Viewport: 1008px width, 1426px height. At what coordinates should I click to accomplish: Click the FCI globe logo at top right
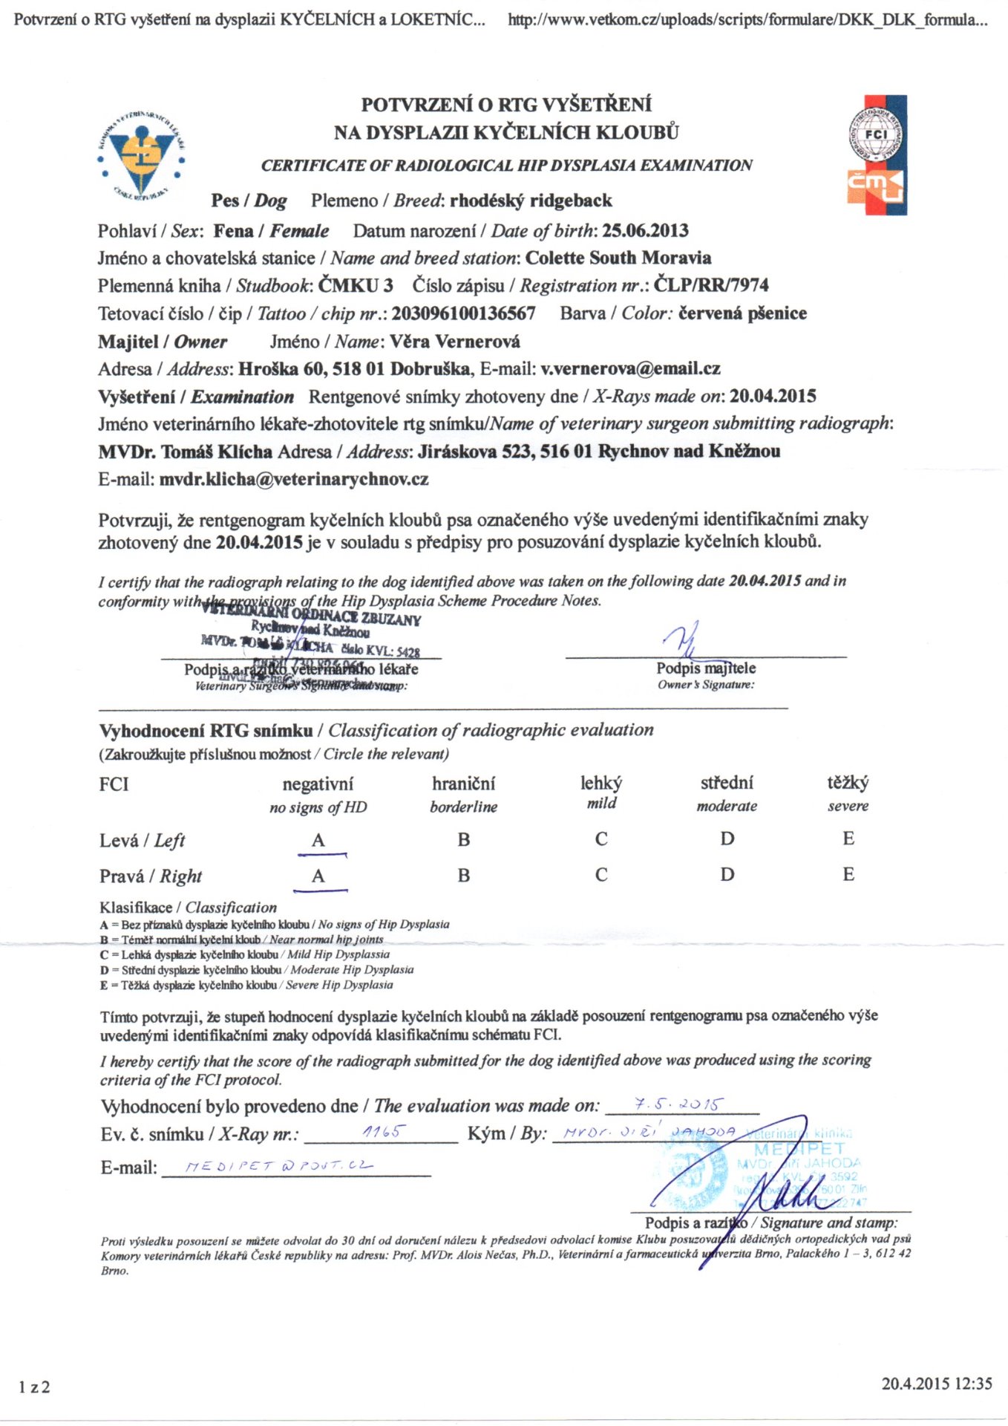click(876, 134)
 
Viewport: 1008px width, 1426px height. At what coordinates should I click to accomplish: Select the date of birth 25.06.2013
click(645, 230)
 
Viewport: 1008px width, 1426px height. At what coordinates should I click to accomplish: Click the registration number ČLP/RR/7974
click(710, 285)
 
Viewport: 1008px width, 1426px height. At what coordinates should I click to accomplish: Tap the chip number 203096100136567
click(463, 313)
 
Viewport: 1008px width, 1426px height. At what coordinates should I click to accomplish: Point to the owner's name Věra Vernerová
click(455, 342)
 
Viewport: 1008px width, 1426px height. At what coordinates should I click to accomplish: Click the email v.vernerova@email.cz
click(630, 369)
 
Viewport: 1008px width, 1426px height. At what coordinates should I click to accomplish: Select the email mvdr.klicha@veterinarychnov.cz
click(294, 479)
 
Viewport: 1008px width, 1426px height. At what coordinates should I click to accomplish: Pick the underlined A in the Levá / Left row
click(318, 841)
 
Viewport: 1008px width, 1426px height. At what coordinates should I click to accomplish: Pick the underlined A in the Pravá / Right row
click(318, 876)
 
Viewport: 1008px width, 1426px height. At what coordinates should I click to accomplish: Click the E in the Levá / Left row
click(848, 839)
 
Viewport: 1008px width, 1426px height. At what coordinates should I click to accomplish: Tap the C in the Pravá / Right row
click(601, 875)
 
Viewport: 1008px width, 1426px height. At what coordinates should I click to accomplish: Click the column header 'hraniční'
click(463, 784)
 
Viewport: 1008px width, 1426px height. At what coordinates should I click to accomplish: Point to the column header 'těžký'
click(848, 783)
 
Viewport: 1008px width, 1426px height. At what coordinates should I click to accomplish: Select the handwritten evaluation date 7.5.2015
click(677, 1104)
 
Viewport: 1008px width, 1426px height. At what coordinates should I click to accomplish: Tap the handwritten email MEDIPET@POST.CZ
click(278, 1166)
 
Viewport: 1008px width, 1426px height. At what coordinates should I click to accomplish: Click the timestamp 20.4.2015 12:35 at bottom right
click(936, 1384)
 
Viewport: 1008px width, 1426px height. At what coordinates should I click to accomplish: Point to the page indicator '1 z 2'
click(34, 1387)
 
